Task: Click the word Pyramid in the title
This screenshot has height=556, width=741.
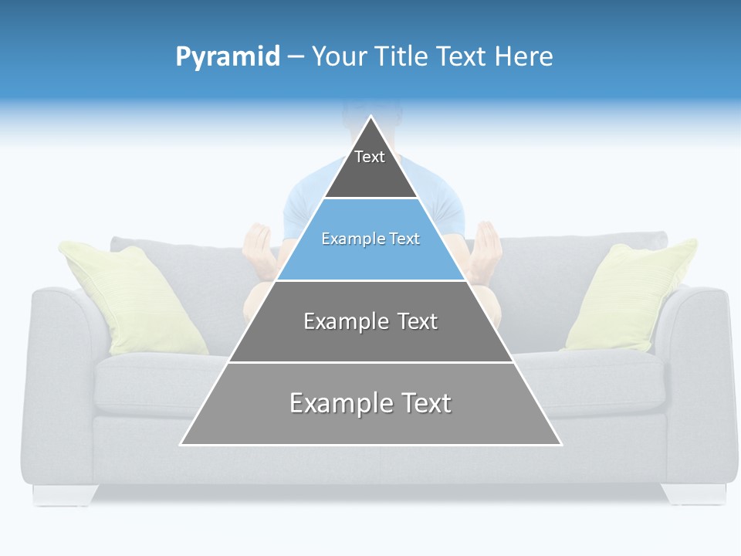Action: [x=228, y=57]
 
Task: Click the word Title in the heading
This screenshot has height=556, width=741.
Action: [x=403, y=56]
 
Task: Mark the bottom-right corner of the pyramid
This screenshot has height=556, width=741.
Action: [x=560, y=444]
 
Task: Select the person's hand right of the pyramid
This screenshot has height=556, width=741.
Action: [x=486, y=249]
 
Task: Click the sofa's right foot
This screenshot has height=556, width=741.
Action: [x=694, y=493]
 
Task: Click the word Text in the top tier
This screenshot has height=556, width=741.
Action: [x=370, y=157]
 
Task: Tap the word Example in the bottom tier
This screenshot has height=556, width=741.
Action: [x=337, y=403]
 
